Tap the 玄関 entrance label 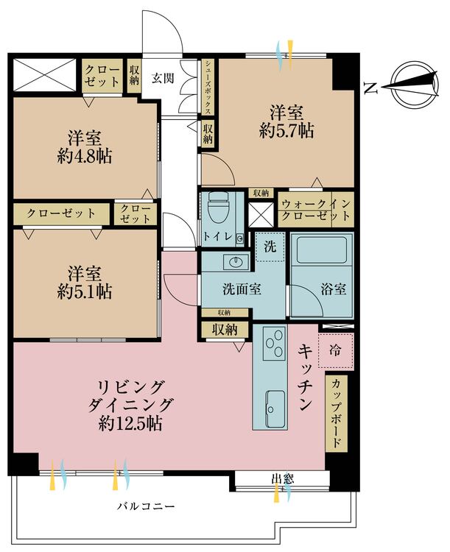[163, 78]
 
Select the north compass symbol [415, 85]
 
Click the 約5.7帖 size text [286, 131]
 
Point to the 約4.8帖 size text [85, 156]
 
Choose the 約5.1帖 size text [85, 291]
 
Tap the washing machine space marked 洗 [270, 247]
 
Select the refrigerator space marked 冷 [335, 350]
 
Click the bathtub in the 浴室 [322, 250]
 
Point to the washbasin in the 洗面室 [235, 262]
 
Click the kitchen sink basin [275, 408]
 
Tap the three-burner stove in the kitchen [275, 342]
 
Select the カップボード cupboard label [336, 413]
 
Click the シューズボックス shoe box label [208, 87]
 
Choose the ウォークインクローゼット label [316, 210]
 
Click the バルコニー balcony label [146, 507]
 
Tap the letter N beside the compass [370, 88]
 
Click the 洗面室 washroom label [242, 289]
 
